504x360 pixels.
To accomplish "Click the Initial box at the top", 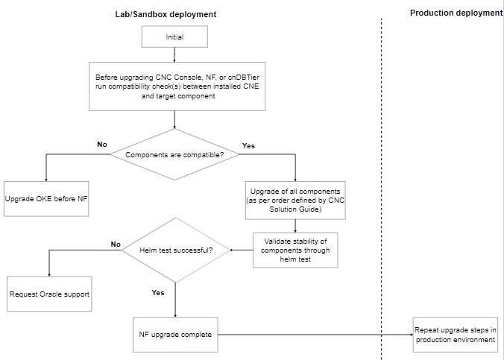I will click(174, 37).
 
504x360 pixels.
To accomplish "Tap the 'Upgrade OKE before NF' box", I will click(46, 200).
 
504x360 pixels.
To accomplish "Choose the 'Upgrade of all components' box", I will click(296, 199).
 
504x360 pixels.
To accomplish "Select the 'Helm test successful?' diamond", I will click(175, 250).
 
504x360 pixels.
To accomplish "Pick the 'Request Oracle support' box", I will click(49, 294).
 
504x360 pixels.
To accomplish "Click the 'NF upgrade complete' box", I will click(175, 335).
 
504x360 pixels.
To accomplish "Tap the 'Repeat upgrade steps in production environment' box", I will click(456, 335).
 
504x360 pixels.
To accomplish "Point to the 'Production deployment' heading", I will click(456, 13).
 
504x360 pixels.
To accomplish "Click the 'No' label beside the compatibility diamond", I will click(102, 144).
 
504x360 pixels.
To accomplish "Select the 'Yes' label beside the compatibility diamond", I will click(248, 146).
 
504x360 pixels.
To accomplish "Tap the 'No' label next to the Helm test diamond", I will click(116, 244).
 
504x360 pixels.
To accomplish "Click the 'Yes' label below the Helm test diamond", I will click(158, 293).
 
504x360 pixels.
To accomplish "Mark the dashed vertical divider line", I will click(382, 186).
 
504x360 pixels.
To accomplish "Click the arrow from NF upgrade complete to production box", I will click(313, 335).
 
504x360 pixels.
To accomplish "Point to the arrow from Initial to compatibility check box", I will click(174, 54).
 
